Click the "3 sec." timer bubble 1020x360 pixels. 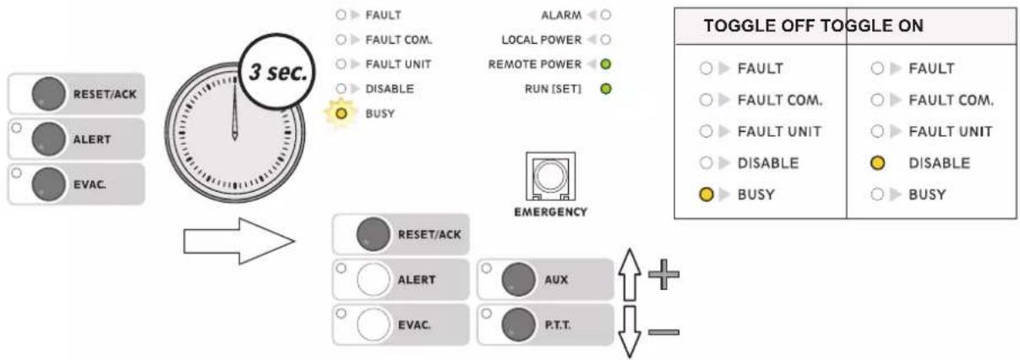pos(278,72)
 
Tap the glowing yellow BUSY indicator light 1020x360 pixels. pos(341,113)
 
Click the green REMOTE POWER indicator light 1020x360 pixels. pos(606,64)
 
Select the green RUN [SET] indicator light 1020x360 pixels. pos(606,89)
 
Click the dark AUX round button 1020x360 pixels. pos(518,280)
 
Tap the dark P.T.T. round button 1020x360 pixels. pos(518,325)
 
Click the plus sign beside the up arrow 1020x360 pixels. pos(663,275)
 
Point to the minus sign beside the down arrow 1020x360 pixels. pos(663,332)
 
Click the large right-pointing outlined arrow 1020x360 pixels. pos(239,241)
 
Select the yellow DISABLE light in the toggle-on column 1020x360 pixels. pos(877,163)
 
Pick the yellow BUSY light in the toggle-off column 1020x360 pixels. pos(706,194)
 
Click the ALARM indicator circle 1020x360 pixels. pos(606,15)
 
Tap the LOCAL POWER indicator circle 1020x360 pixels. pos(606,40)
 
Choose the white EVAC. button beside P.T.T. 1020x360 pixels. pos(373,325)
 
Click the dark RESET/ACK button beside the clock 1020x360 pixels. pos(48,94)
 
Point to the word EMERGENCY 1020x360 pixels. pos(550,212)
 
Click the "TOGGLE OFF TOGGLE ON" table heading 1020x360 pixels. pos(813,25)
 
